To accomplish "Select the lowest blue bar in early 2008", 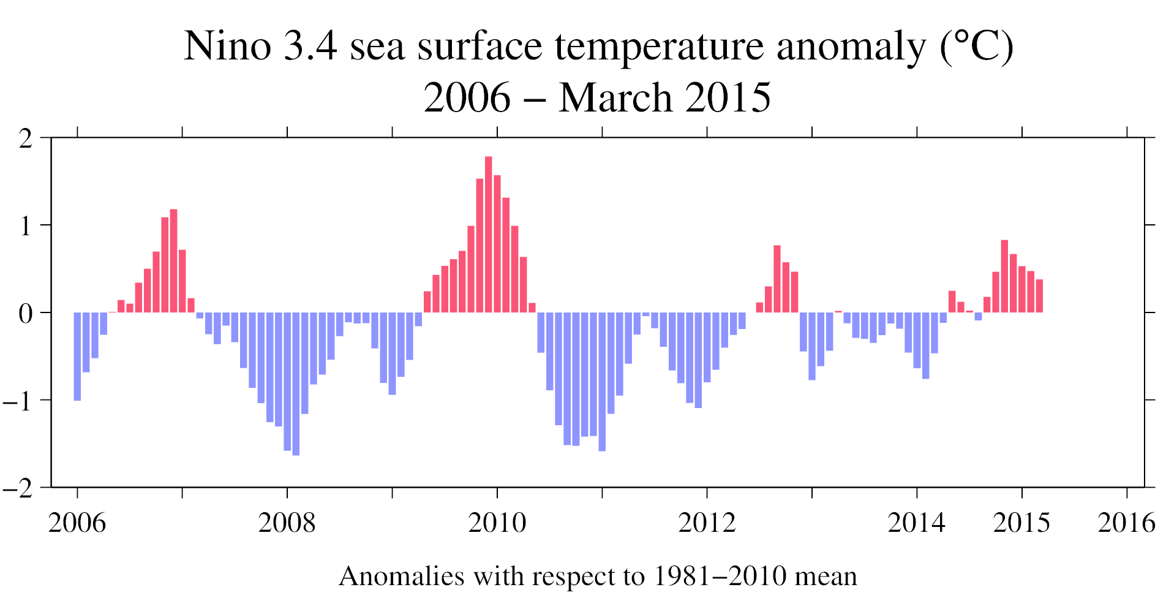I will click(x=296, y=384).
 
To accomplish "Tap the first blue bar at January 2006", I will click(x=77, y=356).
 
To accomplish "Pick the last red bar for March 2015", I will click(x=1039, y=296).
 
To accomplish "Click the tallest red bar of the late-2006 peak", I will click(x=173, y=261).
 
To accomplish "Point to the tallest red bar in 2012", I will click(x=777, y=279).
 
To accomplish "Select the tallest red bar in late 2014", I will click(x=1004, y=276).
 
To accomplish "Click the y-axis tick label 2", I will click(x=26, y=139).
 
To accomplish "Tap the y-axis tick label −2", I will click(x=18, y=488).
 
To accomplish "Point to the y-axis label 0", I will click(x=26, y=314).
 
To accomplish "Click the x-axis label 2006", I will click(x=77, y=523).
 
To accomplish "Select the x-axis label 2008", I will click(x=287, y=523).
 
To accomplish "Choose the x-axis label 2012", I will click(x=707, y=523).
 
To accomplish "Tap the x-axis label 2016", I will click(x=1126, y=523).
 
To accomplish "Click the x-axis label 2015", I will click(x=1021, y=523).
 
